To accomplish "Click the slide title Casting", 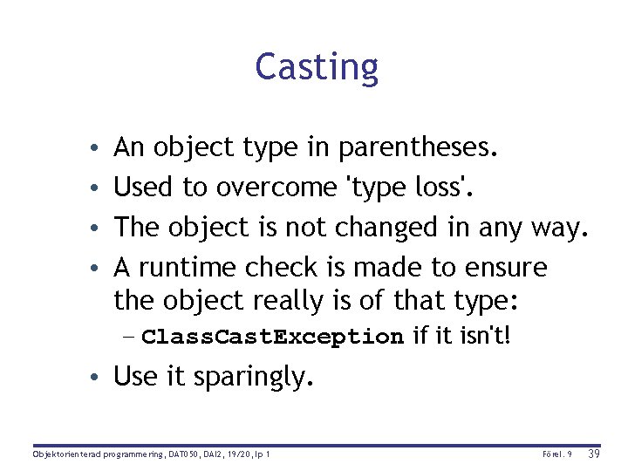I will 317,67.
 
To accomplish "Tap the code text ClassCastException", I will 272,337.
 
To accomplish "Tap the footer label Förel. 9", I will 556,454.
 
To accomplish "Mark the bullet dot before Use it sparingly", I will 103,377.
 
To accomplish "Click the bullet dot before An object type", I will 103,147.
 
